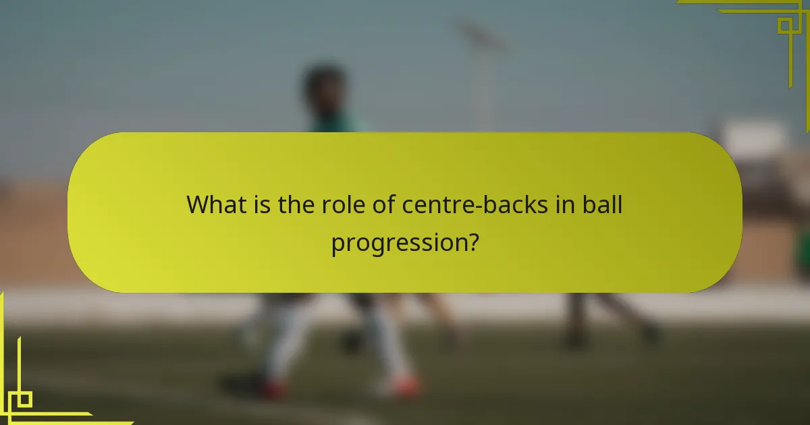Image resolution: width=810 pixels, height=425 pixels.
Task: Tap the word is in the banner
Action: pos(265,204)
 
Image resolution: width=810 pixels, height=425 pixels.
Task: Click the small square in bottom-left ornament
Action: pos(24,399)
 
